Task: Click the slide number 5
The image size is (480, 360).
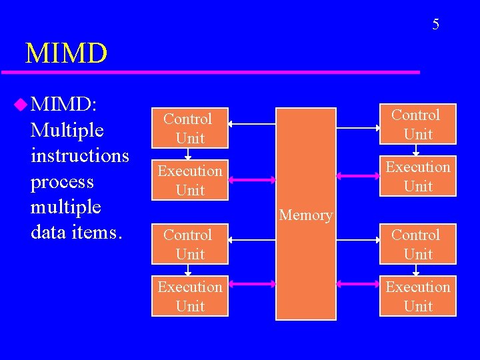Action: click(435, 25)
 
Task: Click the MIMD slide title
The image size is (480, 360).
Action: click(65, 53)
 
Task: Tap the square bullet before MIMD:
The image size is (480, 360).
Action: click(21, 103)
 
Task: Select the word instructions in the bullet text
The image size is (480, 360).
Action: click(80, 155)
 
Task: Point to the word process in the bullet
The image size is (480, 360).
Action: click(62, 181)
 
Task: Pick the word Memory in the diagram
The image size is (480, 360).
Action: click(306, 215)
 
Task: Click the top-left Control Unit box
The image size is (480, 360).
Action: click(189, 128)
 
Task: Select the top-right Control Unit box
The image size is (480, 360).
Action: click(418, 124)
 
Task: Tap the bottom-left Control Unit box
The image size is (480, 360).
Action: click(189, 244)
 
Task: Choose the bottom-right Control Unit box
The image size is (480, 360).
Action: click(418, 244)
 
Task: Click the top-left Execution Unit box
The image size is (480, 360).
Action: click(189, 180)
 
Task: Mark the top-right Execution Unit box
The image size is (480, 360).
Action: click(418, 176)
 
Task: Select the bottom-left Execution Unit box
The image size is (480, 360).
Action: click(189, 296)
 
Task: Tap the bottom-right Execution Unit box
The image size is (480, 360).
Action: click(418, 296)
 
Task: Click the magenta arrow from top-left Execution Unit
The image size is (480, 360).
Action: click(252, 179)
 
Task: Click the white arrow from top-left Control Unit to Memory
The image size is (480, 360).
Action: click(252, 124)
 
